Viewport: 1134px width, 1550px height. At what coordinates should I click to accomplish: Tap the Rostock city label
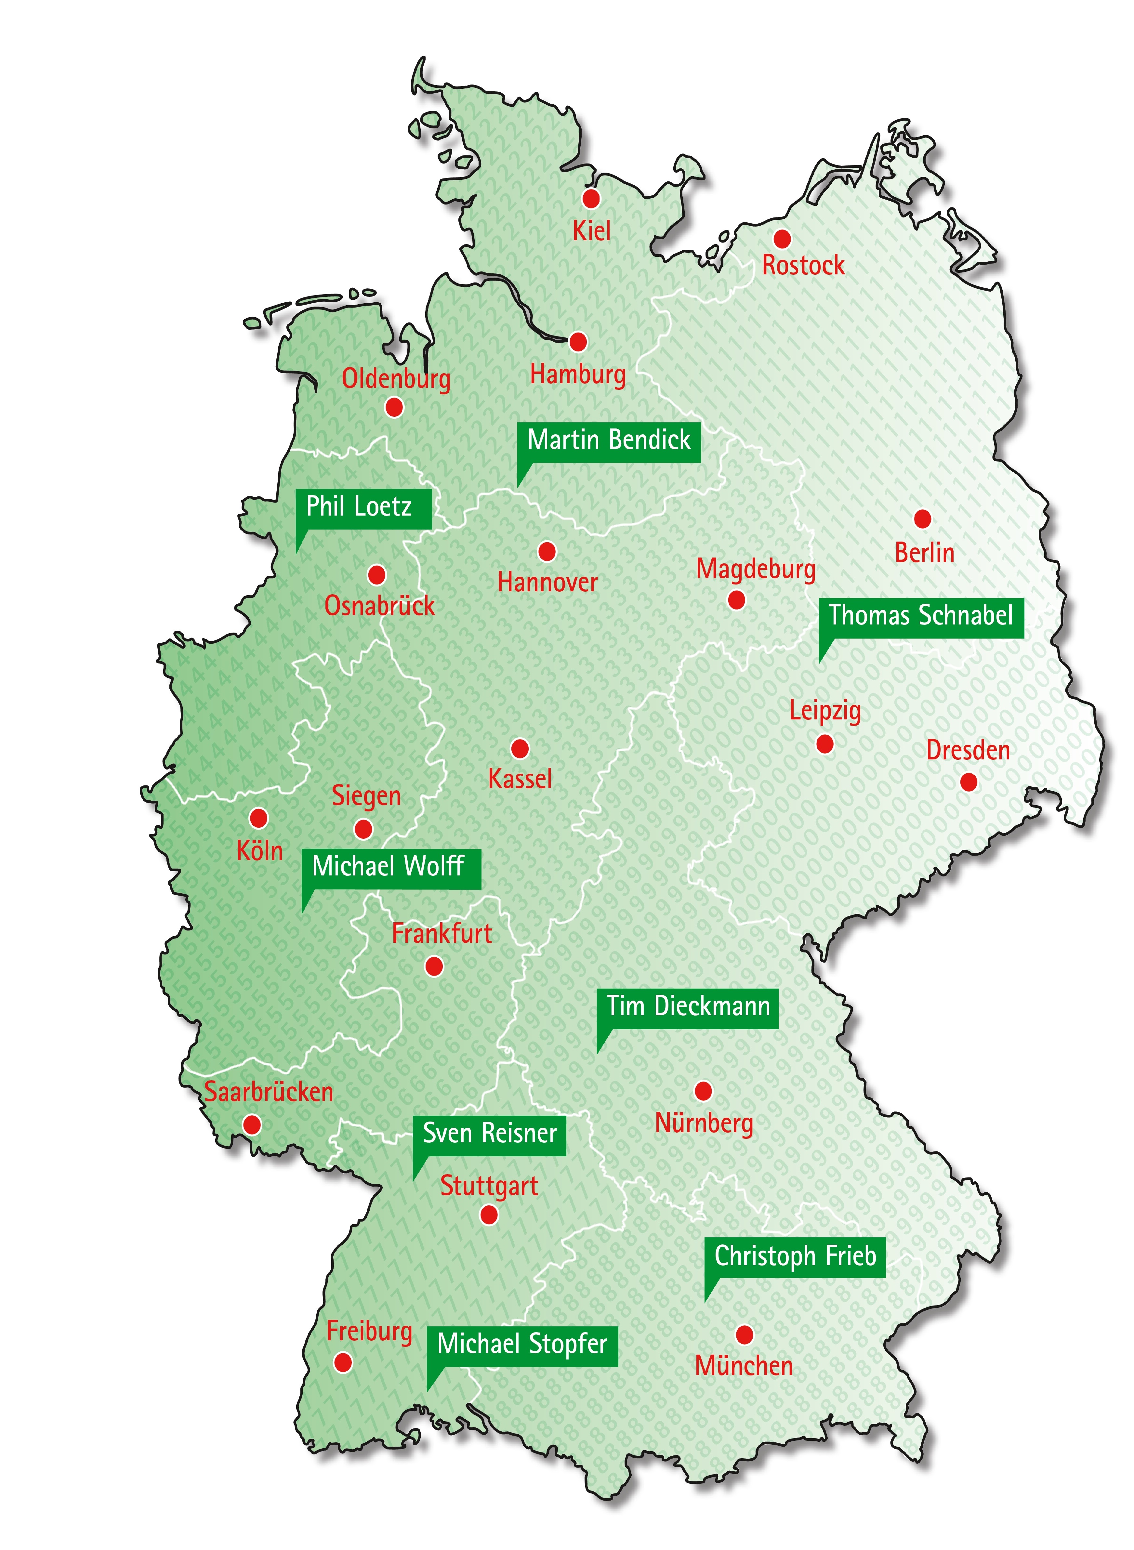coord(803,265)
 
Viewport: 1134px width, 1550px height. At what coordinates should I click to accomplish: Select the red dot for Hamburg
coord(578,342)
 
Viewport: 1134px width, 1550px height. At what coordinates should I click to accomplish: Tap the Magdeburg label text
coord(756,569)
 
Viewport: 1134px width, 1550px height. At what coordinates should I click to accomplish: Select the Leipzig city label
coord(824,711)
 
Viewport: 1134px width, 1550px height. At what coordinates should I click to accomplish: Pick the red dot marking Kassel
coord(520,748)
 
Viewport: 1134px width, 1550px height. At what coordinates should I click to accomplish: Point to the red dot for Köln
coord(258,818)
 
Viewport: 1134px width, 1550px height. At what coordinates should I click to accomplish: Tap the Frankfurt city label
coord(442,934)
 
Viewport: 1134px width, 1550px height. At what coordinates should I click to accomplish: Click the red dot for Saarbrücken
coord(252,1124)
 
